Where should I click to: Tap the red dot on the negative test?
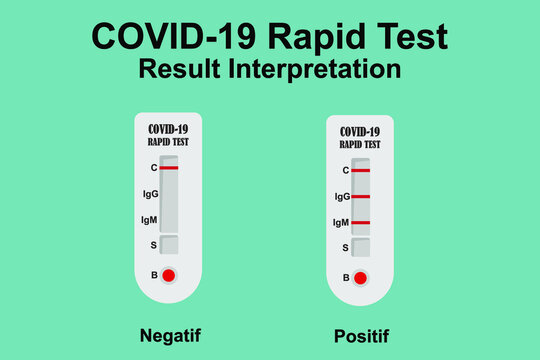[x=168, y=275]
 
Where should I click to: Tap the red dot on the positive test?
[x=361, y=277]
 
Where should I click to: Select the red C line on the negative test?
[x=168, y=168]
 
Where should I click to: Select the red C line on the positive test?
[x=361, y=171]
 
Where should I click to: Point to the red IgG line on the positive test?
[x=361, y=197]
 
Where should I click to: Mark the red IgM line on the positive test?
[x=361, y=222]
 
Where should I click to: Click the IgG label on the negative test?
[x=149, y=194]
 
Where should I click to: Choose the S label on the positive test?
[x=345, y=247]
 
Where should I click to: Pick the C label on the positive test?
[x=345, y=171]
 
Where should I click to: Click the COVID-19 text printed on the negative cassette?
[x=168, y=129]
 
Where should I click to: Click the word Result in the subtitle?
[x=177, y=69]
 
